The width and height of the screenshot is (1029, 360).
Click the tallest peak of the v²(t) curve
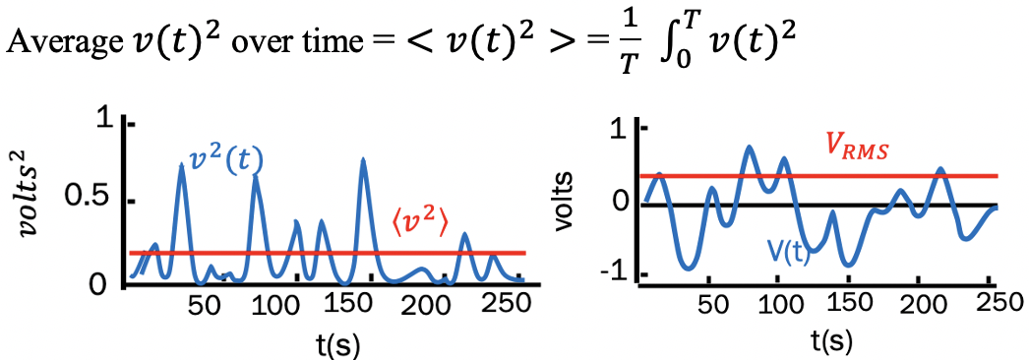click(363, 159)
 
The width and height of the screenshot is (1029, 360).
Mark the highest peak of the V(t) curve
click(750, 148)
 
